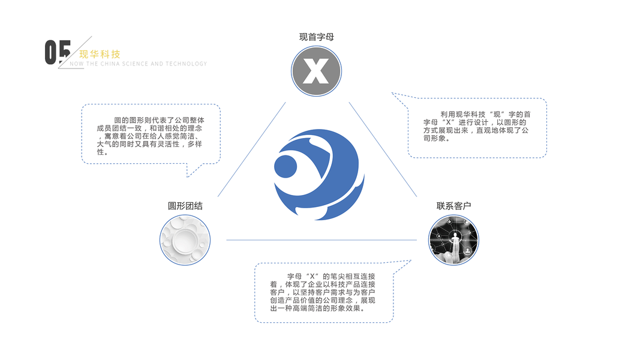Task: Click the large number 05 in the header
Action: pyautogui.click(x=58, y=52)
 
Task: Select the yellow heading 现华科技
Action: pyautogui.click(x=100, y=54)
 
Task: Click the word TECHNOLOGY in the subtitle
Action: pyautogui.click(x=187, y=64)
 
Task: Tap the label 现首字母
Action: pyautogui.click(x=317, y=37)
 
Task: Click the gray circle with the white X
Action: pyautogui.click(x=317, y=71)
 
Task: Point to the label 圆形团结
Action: pyautogui.click(x=185, y=206)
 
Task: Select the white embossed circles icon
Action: pyautogui.click(x=185, y=240)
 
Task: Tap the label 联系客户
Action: pyautogui.click(x=454, y=206)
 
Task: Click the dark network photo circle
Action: pyautogui.click(x=454, y=240)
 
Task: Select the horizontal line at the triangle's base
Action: pyautogui.click(x=321, y=240)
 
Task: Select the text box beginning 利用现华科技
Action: pyautogui.click(x=477, y=127)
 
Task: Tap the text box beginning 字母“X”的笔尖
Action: pyautogui.click(x=324, y=292)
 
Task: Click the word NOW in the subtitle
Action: pyautogui.click(x=76, y=64)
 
